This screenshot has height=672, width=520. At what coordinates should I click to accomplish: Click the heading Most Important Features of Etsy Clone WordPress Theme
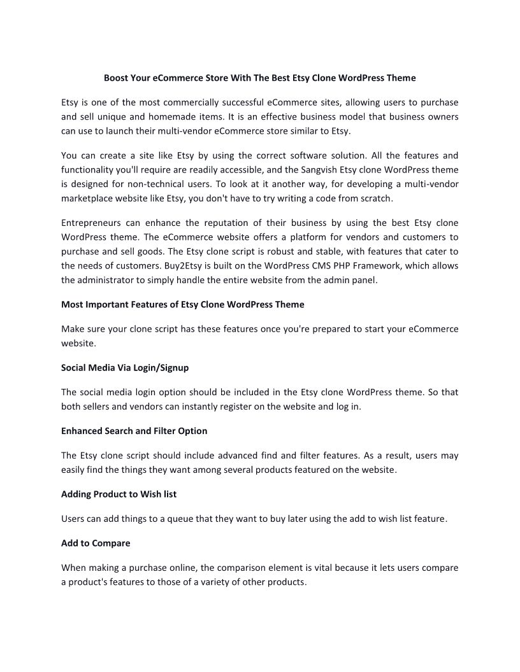pos(182,305)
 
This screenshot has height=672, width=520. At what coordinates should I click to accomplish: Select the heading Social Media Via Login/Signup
pos(125,368)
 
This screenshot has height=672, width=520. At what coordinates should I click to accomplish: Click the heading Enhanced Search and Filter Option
pos(134,431)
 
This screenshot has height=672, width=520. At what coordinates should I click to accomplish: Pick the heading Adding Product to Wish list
pos(119,494)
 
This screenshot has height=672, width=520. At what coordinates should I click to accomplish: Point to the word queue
pos(180,519)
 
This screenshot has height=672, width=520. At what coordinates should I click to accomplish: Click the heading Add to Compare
pos(96,543)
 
